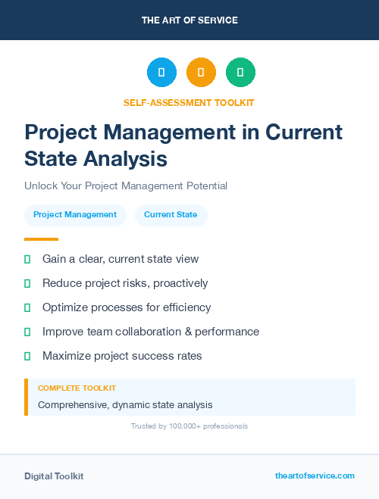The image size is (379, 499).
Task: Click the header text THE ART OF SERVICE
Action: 189,20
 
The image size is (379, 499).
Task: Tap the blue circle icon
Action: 161,73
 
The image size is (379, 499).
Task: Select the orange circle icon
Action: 201,73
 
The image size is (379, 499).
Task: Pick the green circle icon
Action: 240,73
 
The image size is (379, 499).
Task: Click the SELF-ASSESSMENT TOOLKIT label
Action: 189,103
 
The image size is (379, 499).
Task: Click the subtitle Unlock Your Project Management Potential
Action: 126,186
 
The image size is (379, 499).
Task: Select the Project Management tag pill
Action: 75,215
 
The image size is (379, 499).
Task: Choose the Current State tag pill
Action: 171,215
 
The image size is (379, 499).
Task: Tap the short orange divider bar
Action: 41,239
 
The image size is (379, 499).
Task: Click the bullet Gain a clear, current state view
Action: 121,259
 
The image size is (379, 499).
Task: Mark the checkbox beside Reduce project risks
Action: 27,283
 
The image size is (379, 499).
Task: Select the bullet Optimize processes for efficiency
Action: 127,307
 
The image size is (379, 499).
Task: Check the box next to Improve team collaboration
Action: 27,332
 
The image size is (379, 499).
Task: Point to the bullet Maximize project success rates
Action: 122,356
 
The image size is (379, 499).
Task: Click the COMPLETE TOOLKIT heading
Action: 77,388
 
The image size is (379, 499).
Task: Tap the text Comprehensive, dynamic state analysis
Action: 125,405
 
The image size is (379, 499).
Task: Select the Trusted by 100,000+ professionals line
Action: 189,426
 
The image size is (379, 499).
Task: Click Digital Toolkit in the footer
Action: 54,476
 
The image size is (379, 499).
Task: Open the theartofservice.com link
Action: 315,476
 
